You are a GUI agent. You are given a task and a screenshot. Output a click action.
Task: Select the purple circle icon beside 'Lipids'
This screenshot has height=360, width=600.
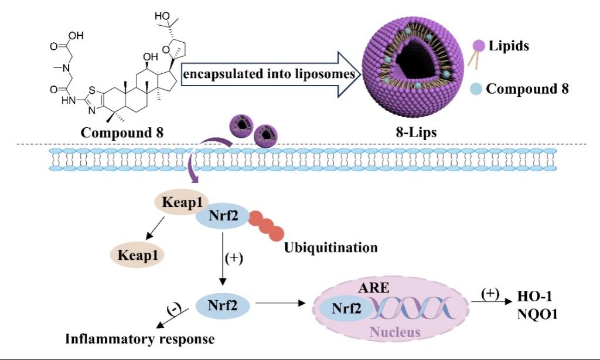pyautogui.click(x=479, y=45)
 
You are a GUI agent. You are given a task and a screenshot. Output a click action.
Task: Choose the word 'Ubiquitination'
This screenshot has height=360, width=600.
pyautogui.click(x=330, y=247)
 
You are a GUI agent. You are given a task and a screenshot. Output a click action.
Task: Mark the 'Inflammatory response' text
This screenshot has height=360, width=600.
pyautogui.click(x=139, y=339)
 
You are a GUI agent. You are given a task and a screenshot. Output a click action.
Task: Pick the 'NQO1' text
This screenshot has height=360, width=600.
pyautogui.click(x=537, y=314)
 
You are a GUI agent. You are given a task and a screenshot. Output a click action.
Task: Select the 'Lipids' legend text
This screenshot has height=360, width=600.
pyautogui.click(x=509, y=45)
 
